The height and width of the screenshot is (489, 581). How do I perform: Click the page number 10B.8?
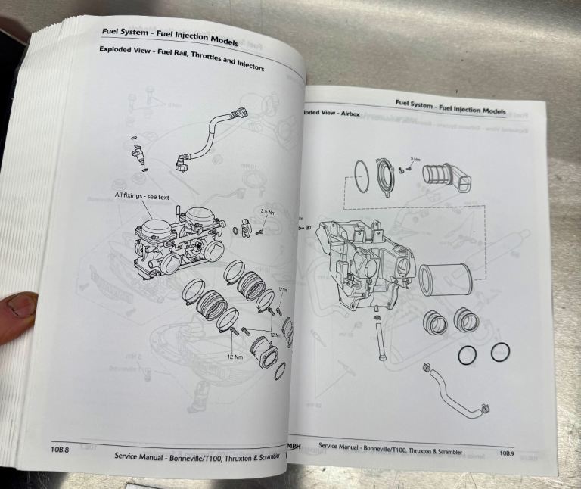click(x=58, y=450)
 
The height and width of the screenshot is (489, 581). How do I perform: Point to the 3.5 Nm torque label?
click(x=269, y=211)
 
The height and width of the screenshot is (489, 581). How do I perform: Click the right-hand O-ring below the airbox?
click(x=499, y=351)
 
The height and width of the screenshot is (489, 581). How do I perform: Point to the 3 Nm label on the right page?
click(x=414, y=159)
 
